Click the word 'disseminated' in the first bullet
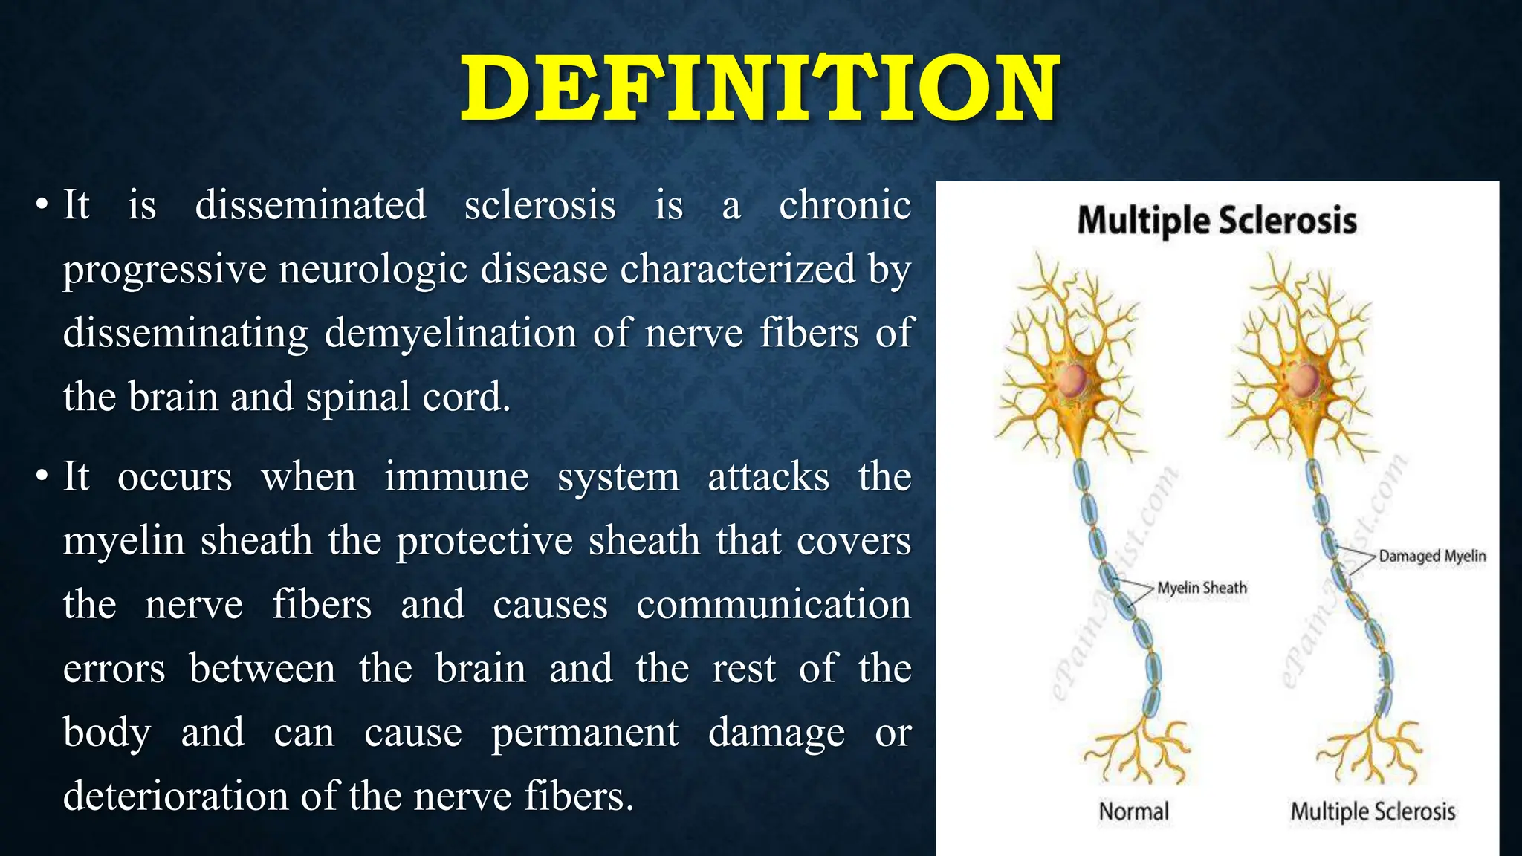pos(310,205)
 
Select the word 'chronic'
pos(844,205)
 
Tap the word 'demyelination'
pos(450,333)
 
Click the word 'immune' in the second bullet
pos(456,476)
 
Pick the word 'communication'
pos(773,604)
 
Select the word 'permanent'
pos(585,733)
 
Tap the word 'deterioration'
pos(175,797)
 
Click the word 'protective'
pos(485,540)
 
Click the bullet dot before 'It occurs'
pos(42,476)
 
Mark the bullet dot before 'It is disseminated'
pos(42,205)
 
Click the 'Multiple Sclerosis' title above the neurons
pos(1217,221)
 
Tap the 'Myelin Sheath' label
pos(1202,588)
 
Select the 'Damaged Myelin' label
pos(1432,556)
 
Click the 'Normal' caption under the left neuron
pos(1133,811)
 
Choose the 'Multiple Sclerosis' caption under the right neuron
pos(1373,811)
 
